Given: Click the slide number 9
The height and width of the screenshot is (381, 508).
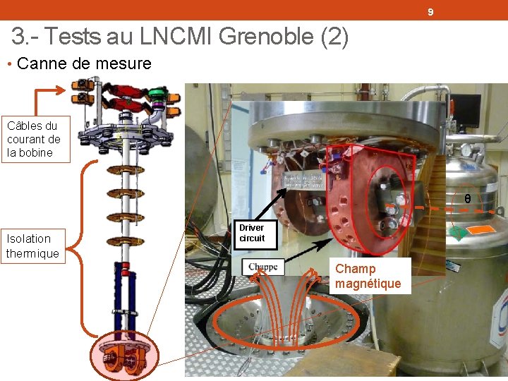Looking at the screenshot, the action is (430, 13).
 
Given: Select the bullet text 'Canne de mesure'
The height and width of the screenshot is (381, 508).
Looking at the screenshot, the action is (83, 64).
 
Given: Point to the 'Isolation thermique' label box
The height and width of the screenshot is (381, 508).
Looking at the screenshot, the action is (32, 246).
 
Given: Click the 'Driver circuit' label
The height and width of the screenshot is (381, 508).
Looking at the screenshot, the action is (251, 233).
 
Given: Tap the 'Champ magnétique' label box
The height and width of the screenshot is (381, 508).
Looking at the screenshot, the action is (368, 276).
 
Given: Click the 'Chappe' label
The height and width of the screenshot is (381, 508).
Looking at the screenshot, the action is (263, 267).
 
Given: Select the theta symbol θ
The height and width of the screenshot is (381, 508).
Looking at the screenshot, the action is (467, 200).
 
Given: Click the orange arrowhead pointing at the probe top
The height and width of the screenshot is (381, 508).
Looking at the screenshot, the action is (65, 91).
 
